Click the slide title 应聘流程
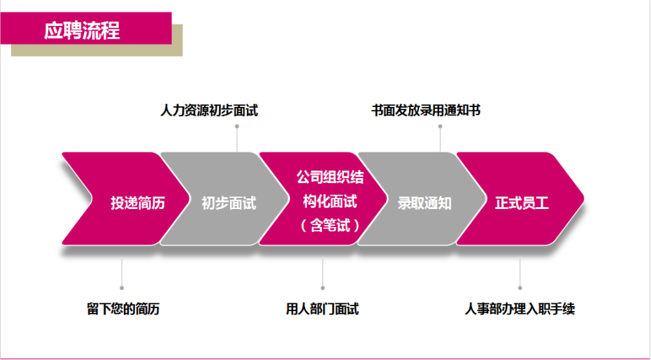pos(82,30)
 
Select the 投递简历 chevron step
pos(138,203)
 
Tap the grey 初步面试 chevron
pos(228,203)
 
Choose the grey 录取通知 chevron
pos(424,203)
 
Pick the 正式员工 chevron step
pos(522,203)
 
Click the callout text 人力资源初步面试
pos(209,110)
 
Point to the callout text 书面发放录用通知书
pos(425,110)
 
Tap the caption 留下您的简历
pos(123,309)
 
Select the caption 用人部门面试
pos(322,309)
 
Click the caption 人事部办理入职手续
pos(520,309)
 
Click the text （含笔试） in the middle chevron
pos(329,225)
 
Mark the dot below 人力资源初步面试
pos(237,127)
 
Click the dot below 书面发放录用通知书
pos(441,127)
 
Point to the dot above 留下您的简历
pos(122,287)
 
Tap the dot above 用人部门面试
pos(322,287)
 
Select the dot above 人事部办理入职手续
pos(520,287)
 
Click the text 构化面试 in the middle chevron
pos(329,202)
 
